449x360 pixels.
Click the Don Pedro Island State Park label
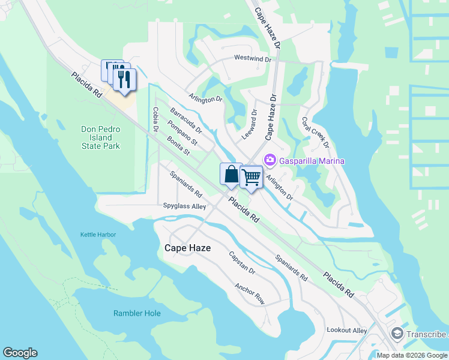pos(101,137)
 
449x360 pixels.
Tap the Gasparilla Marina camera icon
pos(269,160)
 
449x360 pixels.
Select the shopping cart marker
pos(251,176)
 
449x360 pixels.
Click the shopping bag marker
pos(231,175)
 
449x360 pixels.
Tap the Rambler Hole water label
pos(137,313)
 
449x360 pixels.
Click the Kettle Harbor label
pos(98,235)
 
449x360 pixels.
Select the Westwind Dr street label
pos(253,59)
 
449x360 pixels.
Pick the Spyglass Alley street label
pos(184,206)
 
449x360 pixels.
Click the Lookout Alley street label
pos(346,331)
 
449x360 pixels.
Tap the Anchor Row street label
pos(250,294)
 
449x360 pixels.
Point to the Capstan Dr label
pos(242,263)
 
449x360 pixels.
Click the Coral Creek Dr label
pos(316,132)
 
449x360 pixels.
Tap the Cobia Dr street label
pos(155,119)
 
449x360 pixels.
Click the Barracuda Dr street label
pos(186,121)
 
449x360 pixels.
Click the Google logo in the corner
pos(20,353)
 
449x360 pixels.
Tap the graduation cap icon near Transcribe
pos(397,334)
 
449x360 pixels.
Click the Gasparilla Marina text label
pos(311,161)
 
